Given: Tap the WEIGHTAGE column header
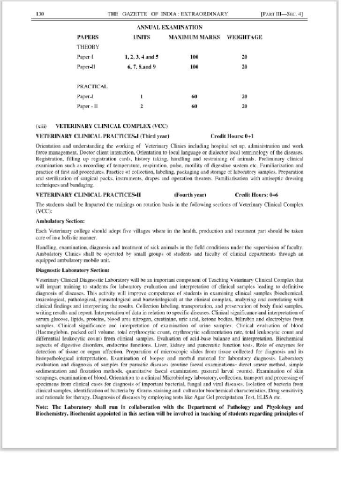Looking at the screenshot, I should pos(244,37).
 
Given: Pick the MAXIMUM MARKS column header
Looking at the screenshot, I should pos(194,37).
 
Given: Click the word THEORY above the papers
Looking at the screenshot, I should pos(88,47).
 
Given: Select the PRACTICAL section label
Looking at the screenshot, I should pos(92,86).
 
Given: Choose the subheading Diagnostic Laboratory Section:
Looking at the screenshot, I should pos(73,270).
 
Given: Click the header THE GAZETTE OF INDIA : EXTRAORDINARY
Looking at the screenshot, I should pos(168,14).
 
